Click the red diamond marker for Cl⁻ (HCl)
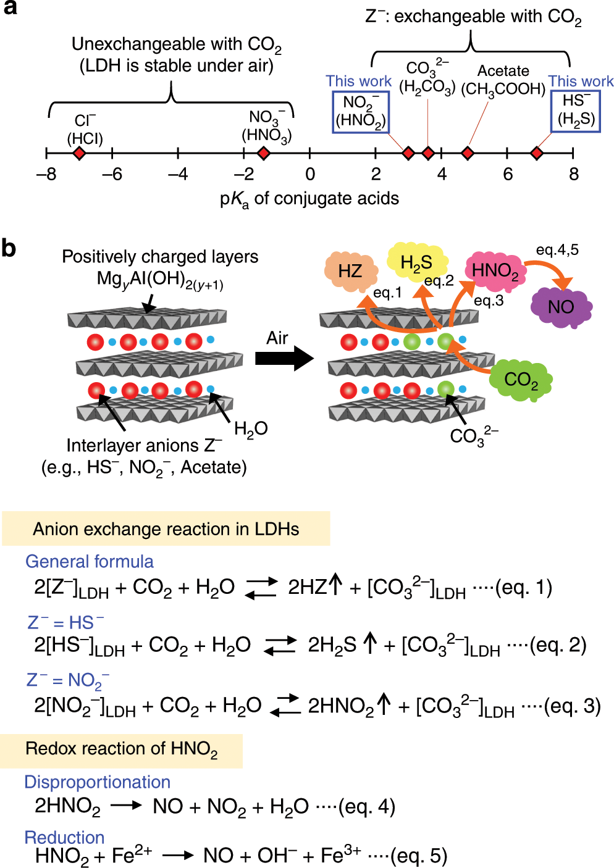(78, 153)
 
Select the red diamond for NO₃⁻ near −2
(263, 153)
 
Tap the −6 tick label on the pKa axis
(112, 175)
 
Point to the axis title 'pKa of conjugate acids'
(309, 199)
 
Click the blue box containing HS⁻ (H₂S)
(575, 111)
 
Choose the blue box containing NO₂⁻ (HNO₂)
(361, 112)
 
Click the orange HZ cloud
(350, 270)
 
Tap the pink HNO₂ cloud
(495, 271)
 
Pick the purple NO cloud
(560, 307)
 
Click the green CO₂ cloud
(520, 379)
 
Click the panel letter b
(9, 248)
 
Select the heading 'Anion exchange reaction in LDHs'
(166, 529)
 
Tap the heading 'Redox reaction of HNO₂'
(121, 749)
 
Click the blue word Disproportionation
(97, 782)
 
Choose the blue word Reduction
(64, 838)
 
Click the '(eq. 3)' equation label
(571, 706)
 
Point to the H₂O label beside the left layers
(250, 428)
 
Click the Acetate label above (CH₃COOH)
(503, 71)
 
